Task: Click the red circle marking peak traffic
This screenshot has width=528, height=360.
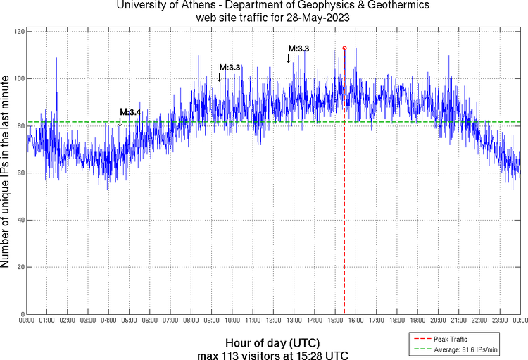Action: (344, 48)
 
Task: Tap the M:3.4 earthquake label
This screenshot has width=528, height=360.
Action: (130, 112)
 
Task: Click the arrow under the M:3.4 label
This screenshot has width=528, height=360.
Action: (120, 123)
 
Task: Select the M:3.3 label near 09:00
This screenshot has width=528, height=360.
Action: (230, 67)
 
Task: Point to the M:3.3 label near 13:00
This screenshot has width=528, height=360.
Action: (298, 49)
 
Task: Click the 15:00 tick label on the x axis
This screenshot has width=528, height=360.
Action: (334, 321)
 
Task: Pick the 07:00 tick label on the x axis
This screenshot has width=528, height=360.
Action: (170, 321)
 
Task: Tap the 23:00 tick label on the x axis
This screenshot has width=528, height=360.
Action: (499, 321)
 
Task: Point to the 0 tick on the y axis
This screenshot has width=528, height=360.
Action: (23, 314)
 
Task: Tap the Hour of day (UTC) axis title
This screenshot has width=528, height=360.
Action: (272, 342)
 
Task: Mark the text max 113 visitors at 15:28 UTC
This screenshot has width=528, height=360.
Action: (272, 354)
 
